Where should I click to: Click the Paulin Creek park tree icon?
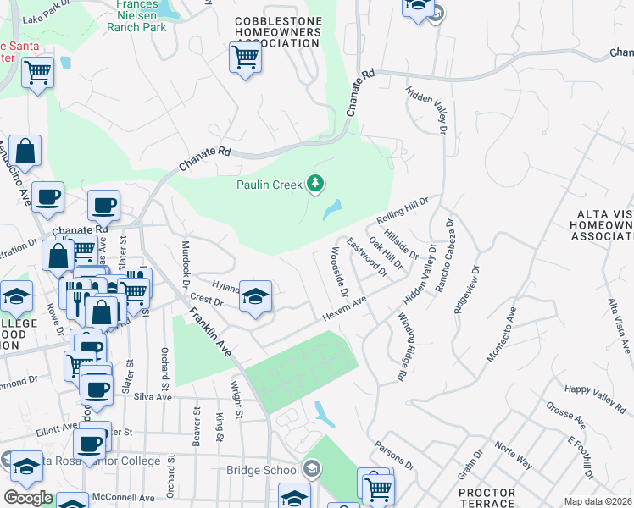point(315,183)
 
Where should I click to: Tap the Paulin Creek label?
point(270,184)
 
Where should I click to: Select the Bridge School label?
point(262,470)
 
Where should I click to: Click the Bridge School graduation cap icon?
point(313,469)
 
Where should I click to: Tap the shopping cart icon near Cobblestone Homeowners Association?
point(245,58)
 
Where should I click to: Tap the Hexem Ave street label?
point(343,309)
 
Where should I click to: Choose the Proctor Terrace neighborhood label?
point(487,497)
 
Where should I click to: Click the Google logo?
point(27,498)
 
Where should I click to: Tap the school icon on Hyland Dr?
point(255,297)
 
